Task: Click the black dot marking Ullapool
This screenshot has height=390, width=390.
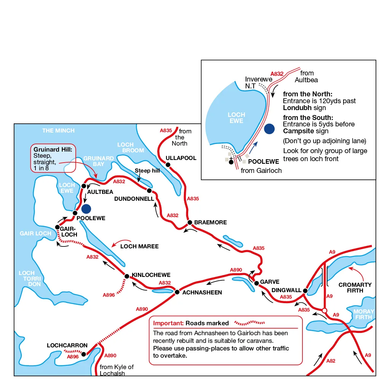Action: (x=168, y=165)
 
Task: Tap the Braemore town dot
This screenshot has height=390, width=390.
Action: (x=190, y=222)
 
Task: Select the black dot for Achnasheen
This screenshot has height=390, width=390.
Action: (x=177, y=292)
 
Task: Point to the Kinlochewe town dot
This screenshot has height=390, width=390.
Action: (x=127, y=276)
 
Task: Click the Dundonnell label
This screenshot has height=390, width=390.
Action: (x=134, y=199)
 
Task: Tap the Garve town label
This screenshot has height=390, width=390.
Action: (x=270, y=282)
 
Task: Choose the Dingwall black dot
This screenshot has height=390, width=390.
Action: (x=305, y=291)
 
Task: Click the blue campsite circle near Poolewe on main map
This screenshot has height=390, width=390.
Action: (x=86, y=209)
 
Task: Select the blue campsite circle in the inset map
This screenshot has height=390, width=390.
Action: (x=269, y=129)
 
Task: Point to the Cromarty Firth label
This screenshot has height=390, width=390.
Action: (x=355, y=288)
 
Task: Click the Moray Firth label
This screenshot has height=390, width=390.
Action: (x=364, y=314)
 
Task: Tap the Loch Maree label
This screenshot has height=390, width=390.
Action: (x=139, y=246)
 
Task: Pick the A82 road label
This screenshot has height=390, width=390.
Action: (x=331, y=361)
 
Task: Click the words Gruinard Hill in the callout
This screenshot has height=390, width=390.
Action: (x=53, y=149)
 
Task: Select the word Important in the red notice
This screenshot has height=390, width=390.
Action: (x=168, y=323)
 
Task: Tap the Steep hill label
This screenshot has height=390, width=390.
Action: (x=147, y=171)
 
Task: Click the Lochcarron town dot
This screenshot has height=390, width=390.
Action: (x=84, y=354)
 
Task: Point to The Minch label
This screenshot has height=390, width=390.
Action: (x=58, y=131)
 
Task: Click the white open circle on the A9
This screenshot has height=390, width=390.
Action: (x=324, y=311)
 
